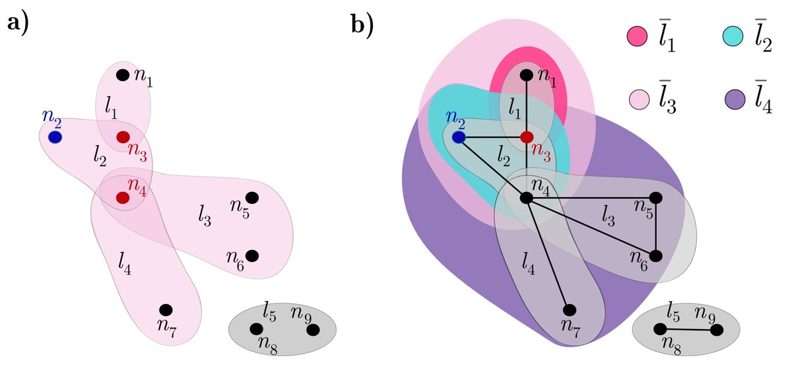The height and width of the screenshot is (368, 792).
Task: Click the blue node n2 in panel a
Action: point(55,137)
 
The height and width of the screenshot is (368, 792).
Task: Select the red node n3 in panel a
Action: point(123,137)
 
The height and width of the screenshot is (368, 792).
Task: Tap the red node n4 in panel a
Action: point(123,197)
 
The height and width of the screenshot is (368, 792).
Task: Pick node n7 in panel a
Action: point(166,309)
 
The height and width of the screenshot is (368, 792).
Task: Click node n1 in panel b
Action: point(526,75)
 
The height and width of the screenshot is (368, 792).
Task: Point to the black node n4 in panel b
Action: point(526,197)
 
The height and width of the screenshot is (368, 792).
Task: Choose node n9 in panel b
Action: point(717,329)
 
